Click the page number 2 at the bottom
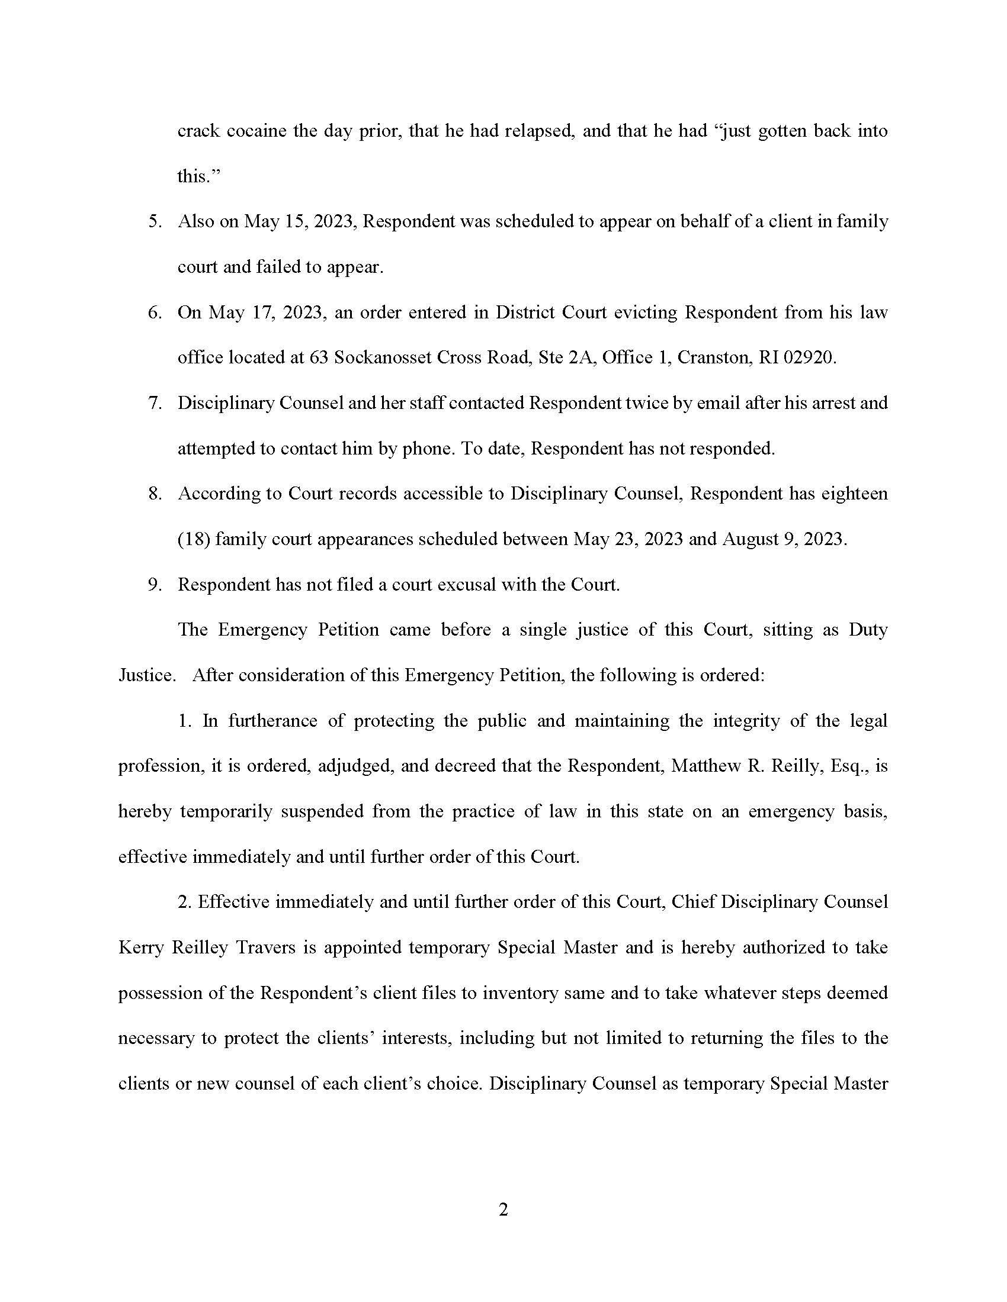pos(503,1210)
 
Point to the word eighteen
pos(855,494)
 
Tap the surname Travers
pos(265,948)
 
